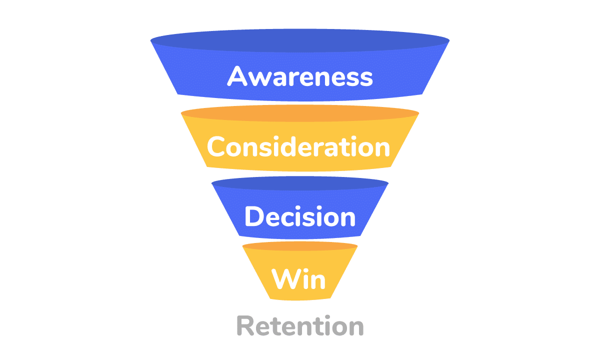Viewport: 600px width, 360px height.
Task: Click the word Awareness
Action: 300,77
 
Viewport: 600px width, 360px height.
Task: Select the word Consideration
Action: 298,147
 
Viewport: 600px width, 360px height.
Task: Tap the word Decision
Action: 299,217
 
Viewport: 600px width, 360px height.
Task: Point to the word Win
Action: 298,278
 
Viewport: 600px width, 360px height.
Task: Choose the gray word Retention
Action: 299,326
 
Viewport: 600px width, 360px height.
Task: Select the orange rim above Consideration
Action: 300,114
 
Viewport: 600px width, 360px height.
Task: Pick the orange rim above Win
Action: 300,246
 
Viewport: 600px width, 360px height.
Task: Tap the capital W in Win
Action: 285,278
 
